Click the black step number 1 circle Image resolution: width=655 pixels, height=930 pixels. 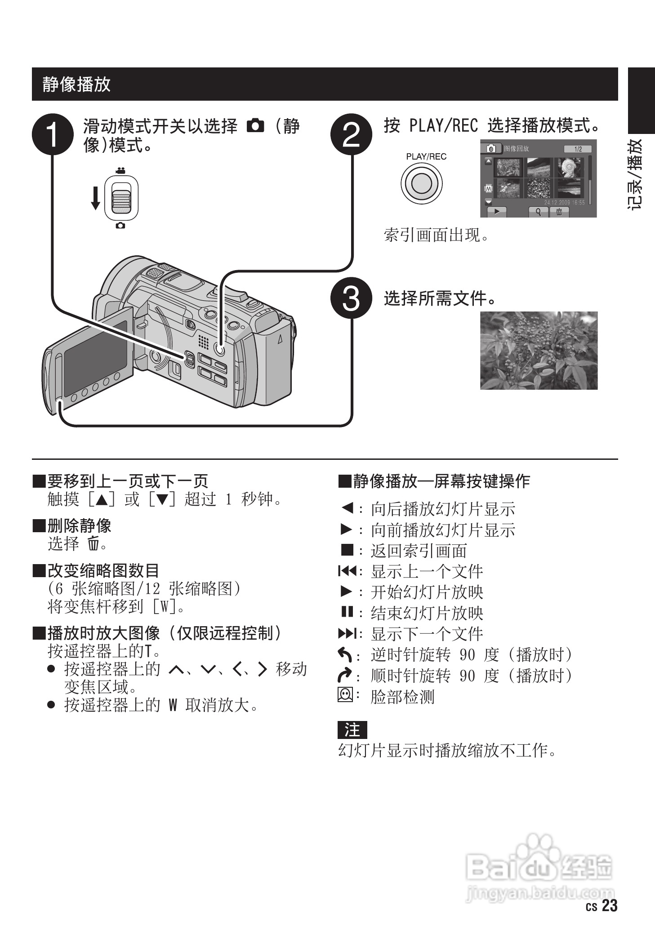53,134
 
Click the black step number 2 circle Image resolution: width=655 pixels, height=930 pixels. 352,134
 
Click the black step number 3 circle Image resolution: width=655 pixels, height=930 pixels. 352,298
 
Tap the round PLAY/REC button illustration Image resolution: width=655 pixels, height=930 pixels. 421,183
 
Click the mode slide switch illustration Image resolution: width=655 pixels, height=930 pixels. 121,197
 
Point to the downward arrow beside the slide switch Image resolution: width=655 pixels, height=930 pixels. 95,198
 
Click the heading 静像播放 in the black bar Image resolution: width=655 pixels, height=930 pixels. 76,84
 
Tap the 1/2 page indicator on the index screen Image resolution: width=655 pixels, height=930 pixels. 577,149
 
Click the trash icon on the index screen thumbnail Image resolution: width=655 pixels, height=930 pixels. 559,211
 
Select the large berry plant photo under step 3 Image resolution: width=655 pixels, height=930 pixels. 539,350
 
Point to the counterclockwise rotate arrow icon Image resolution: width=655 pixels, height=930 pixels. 345,654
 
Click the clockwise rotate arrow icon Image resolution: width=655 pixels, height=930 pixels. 345,675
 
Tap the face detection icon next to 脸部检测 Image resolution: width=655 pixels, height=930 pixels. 345,695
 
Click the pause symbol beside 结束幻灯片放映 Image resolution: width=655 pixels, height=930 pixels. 345,612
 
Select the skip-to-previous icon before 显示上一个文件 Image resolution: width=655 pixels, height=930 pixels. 347,571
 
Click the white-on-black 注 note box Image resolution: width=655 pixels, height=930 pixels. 352,729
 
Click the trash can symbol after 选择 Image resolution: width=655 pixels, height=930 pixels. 93,544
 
